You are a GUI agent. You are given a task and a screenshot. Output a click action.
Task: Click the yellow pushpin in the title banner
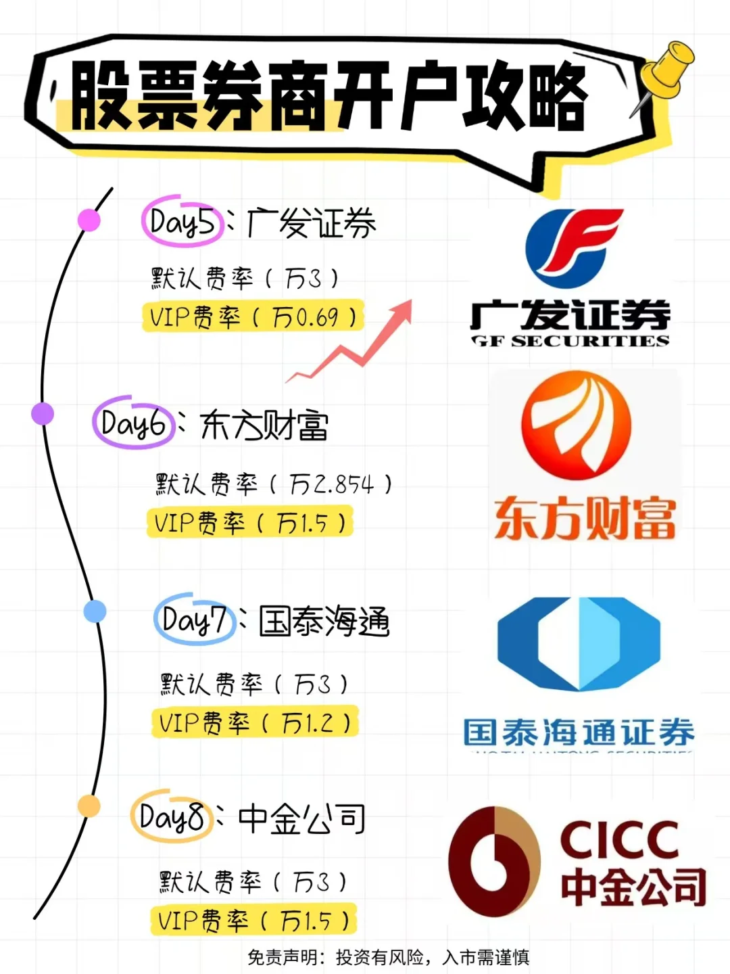coord(665,72)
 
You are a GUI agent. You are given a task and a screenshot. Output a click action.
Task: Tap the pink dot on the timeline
coord(89,220)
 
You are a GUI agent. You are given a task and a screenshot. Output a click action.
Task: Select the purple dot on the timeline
coord(43,413)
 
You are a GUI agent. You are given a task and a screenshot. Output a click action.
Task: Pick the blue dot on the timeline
coord(95,611)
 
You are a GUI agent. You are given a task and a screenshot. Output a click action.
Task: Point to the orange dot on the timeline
coord(89,806)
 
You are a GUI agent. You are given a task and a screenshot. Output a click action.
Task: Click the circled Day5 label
coord(182,221)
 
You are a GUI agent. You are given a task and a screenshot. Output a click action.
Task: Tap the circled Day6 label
coord(133,424)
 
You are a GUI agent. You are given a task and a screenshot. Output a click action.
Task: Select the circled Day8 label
coord(172,817)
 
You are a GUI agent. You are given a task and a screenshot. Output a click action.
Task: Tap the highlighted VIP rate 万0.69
coord(253,317)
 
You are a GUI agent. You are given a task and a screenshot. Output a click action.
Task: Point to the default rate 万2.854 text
coord(331,484)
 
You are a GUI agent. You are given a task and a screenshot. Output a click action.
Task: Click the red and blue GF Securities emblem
coord(574,248)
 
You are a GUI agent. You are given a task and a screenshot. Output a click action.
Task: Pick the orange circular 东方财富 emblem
coord(577,425)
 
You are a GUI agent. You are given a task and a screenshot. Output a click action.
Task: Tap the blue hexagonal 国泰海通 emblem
coord(579,643)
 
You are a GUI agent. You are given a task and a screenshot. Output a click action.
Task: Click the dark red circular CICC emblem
coord(494,861)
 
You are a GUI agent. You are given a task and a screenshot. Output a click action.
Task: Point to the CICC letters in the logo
coord(618,840)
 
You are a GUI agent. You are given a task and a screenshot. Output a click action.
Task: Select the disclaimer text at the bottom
coord(388,957)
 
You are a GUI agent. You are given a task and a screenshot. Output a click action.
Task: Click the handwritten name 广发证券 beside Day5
coord(312,223)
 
